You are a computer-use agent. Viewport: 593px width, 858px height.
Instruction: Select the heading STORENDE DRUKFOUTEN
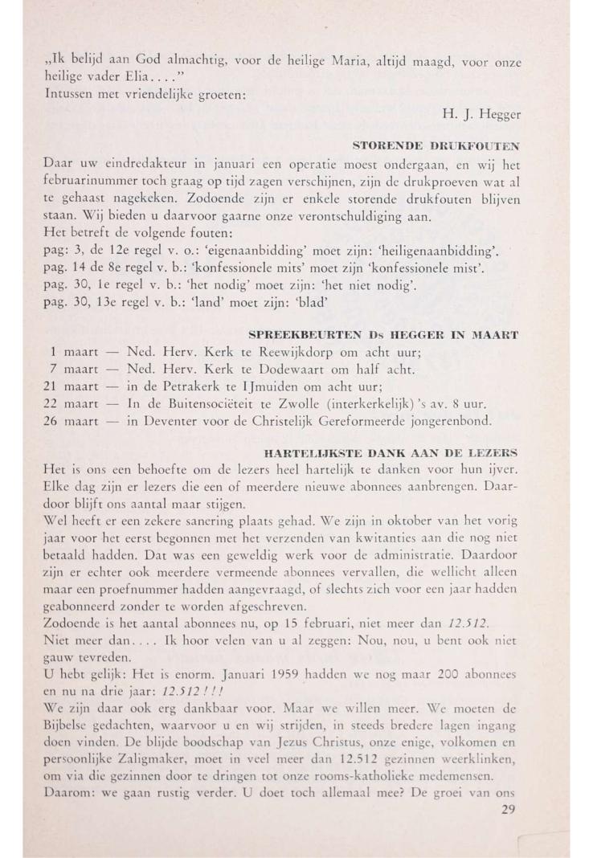(436, 145)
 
